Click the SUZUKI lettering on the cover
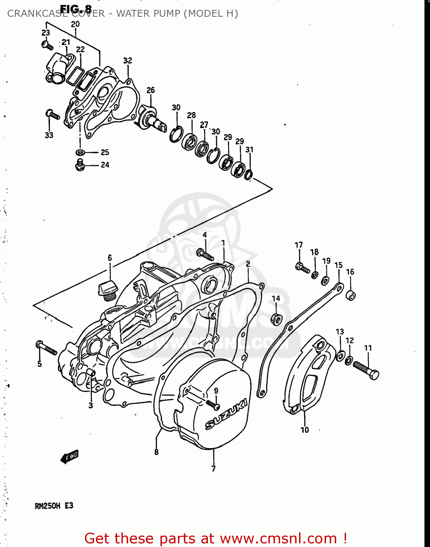(x=226, y=414)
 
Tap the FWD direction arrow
(x=69, y=457)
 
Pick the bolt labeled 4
(x=205, y=254)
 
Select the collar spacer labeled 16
(x=350, y=295)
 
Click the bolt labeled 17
(x=303, y=268)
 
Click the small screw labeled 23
(x=47, y=46)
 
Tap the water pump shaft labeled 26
(x=152, y=118)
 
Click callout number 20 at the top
(x=75, y=24)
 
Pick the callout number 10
(x=305, y=430)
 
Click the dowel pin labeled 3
(x=91, y=372)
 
